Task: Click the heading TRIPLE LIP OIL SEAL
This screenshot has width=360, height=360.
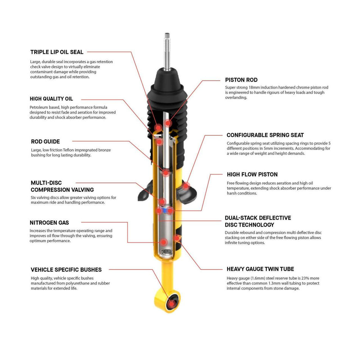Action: point(57,52)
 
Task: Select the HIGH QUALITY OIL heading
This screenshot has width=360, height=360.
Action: point(51,99)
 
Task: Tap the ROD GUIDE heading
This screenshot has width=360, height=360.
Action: point(45,142)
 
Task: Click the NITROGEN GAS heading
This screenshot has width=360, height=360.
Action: point(49,223)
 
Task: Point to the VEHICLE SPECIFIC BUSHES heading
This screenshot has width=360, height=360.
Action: point(66,270)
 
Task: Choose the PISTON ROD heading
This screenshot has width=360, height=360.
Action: point(241,80)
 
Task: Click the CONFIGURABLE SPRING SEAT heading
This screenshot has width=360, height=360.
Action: point(265,135)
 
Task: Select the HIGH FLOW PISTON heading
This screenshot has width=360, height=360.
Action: point(252,174)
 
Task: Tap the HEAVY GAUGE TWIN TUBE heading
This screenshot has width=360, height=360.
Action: point(260,269)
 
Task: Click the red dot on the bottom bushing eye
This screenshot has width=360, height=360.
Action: point(173,303)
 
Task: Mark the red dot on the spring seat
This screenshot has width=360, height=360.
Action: point(186,186)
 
